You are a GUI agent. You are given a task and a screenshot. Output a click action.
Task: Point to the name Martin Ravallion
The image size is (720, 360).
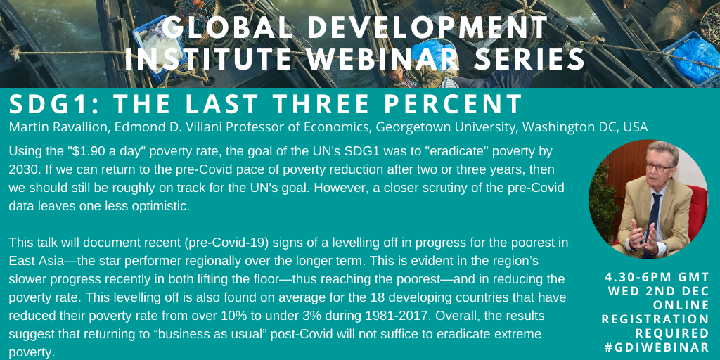58,127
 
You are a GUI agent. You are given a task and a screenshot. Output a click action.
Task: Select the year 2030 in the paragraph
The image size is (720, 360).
22,169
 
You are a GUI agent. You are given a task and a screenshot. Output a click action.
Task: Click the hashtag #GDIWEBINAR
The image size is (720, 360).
657,347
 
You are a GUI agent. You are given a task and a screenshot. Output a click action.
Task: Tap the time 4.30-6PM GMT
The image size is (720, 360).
657,277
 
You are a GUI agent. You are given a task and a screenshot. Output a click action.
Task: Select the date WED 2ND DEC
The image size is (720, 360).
659,291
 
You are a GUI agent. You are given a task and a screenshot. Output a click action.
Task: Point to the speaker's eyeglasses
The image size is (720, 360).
660,167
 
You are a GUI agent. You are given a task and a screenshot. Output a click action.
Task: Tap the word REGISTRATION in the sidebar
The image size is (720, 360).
656,319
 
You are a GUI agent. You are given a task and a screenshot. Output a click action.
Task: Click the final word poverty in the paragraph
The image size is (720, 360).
32,354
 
